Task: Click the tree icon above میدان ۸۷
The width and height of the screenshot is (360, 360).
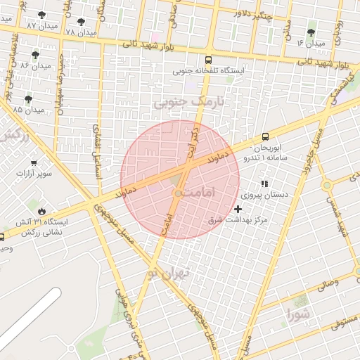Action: pyautogui.click(x=42, y=14)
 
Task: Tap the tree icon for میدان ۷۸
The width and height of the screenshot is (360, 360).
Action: pyautogui.click(x=80, y=22)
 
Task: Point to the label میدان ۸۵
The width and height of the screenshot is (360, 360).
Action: pyautogui.click(x=29, y=110)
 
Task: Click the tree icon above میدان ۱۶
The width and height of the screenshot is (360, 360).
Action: pyautogui.click(x=311, y=32)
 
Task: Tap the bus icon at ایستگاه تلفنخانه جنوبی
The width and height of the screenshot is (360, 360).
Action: pyautogui.click(x=207, y=60)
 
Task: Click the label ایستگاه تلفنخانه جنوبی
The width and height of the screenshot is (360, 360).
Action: pyautogui.click(x=208, y=71)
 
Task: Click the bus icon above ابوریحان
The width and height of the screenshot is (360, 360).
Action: pyautogui.click(x=265, y=136)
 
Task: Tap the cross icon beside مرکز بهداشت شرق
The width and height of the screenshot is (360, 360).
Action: pyautogui.click(x=238, y=209)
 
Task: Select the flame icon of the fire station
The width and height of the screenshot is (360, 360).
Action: pyautogui.click(x=42, y=211)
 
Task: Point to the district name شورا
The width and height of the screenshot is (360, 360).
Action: pyautogui.click(x=296, y=312)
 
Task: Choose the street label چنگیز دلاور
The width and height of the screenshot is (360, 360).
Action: pyautogui.click(x=252, y=13)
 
